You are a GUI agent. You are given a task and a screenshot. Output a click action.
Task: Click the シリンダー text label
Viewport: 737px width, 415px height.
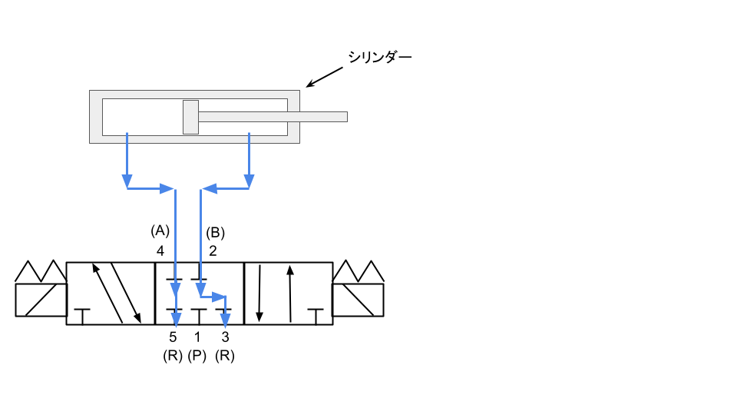click(380, 57)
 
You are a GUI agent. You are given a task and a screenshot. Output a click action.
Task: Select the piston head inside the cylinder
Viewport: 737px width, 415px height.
click(190, 117)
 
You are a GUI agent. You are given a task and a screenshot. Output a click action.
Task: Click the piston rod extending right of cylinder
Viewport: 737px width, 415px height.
click(273, 117)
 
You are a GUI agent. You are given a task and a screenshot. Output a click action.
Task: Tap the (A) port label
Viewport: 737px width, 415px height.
click(160, 231)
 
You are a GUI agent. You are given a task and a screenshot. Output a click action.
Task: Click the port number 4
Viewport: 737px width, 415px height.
click(160, 251)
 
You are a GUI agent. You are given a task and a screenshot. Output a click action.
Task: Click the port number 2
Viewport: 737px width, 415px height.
click(213, 251)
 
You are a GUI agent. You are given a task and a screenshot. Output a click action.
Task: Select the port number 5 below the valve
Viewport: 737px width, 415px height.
click(173, 337)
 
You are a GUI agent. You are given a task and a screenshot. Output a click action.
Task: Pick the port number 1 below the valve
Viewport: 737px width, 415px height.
click(197, 337)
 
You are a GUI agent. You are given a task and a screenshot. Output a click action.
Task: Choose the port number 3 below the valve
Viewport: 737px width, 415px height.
click(225, 337)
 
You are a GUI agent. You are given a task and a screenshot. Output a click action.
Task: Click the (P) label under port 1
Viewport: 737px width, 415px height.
click(197, 357)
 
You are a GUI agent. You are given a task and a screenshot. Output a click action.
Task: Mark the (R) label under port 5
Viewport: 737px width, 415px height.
click(173, 357)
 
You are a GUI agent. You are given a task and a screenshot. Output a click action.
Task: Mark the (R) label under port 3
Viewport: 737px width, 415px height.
click(225, 357)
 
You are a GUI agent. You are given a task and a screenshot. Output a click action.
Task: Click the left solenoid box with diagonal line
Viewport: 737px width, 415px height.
click(41, 300)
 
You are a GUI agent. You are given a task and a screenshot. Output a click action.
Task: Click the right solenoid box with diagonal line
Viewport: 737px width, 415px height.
click(358, 300)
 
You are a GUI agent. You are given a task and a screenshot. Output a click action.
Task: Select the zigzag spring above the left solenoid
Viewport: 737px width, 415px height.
click(41, 272)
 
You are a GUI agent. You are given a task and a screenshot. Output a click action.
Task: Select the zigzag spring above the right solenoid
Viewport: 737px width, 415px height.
click(358, 272)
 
